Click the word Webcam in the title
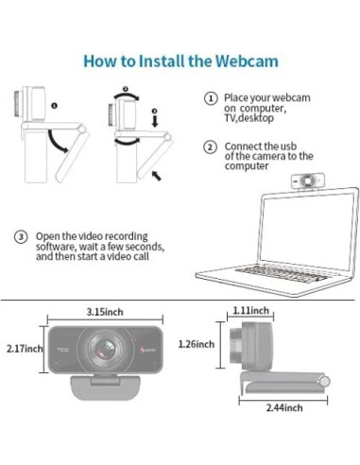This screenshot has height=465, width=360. click(x=248, y=60)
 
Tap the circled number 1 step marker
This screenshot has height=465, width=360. click(x=211, y=98)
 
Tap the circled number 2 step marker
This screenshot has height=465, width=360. click(x=210, y=147)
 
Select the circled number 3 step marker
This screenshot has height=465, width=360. click(x=21, y=236)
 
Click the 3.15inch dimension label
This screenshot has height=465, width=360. click(x=105, y=312)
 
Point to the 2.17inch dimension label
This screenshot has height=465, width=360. click(x=25, y=349)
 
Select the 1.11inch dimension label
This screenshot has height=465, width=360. click(x=251, y=311)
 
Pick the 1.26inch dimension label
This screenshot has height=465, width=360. click(x=197, y=344)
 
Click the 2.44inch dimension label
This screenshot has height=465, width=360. click(x=284, y=407)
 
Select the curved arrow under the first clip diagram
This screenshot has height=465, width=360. click(x=57, y=143)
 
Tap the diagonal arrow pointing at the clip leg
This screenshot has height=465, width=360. click(x=157, y=176)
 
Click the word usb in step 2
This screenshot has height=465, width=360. click(x=288, y=146)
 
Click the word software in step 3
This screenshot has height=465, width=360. click(x=54, y=247)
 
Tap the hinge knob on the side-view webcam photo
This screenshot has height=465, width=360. click(x=324, y=382)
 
